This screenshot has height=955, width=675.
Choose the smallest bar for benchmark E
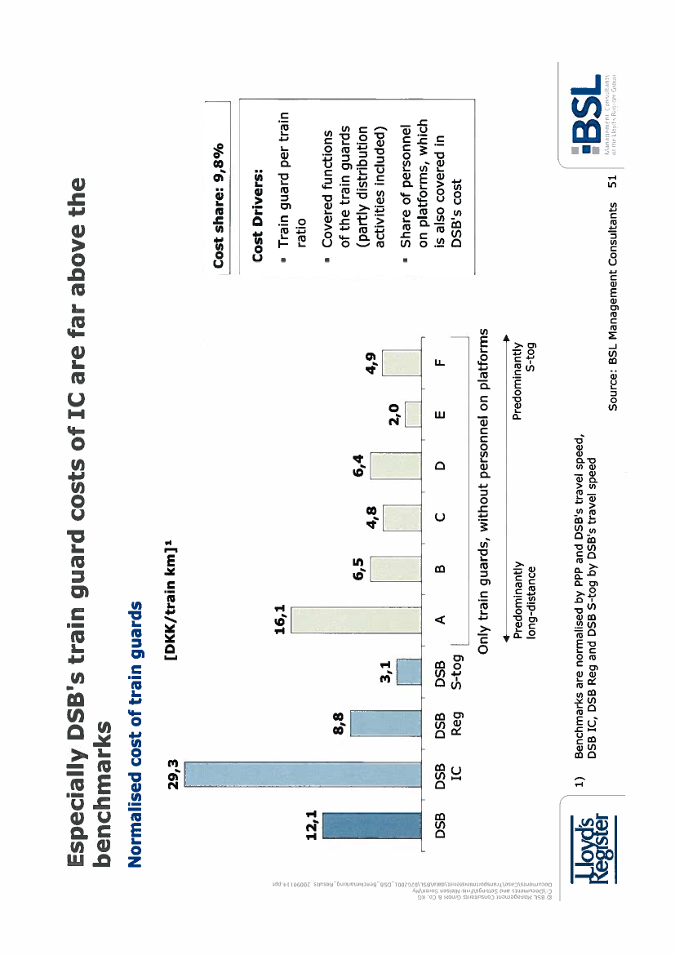tap(414, 415)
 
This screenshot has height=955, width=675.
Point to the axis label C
tap(441, 518)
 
